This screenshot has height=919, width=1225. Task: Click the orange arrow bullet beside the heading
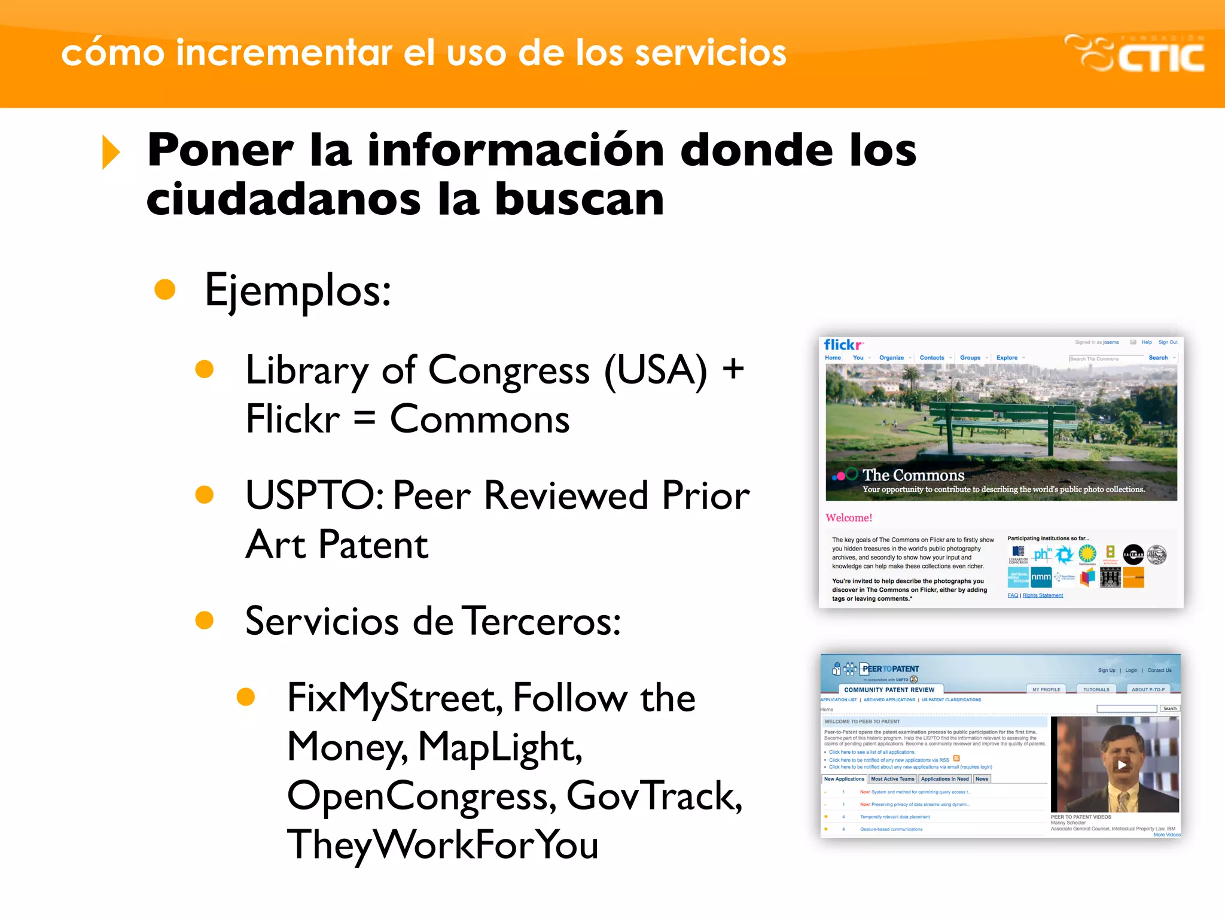111,152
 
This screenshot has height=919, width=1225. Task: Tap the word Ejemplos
297,291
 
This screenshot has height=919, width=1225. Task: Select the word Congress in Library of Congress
508,371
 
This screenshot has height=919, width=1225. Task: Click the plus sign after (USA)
733,370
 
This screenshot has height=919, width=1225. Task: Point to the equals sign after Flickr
364,419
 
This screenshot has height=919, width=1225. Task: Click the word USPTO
315,495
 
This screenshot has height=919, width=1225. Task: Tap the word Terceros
541,621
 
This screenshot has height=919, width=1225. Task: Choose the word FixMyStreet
394,698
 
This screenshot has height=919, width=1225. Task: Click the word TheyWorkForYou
443,845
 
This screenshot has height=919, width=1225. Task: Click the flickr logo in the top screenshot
843,345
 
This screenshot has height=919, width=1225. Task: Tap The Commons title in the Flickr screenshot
913,475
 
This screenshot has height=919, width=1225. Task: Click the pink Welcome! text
849,518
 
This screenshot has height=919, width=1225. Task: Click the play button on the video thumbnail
1122,765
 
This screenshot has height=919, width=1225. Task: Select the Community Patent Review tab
889,690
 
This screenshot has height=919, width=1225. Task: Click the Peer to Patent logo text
890,669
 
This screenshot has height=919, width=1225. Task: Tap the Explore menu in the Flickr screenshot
1007,358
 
